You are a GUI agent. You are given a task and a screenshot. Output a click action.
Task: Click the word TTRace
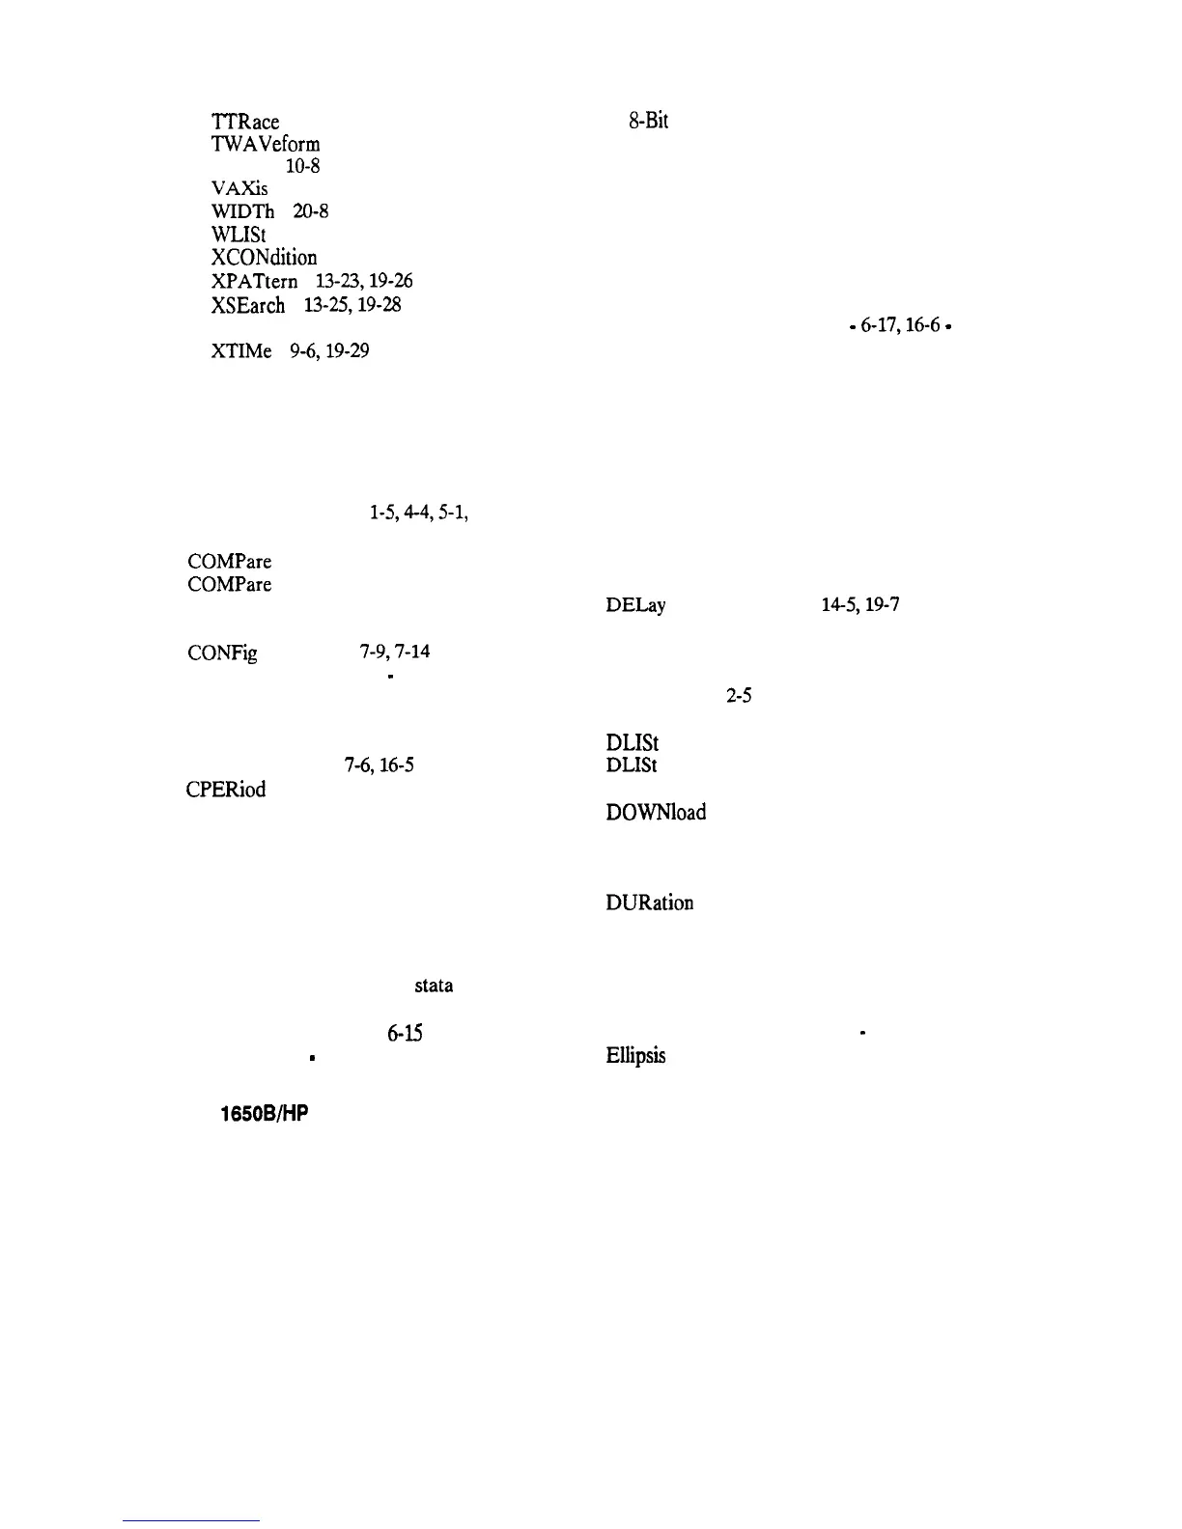[x=244, y=122]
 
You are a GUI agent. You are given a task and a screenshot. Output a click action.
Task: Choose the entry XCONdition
[x=264, y=258]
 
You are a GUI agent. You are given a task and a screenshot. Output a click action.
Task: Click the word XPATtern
[x=255, y=282]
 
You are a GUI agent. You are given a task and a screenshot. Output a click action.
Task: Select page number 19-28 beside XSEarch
[x=380, y=305]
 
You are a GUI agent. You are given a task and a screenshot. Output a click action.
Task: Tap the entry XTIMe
[x=240, y=351]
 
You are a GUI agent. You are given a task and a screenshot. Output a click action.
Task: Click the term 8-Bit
[x=648, y=121]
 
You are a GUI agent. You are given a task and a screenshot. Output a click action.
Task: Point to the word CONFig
[x=222, y=653]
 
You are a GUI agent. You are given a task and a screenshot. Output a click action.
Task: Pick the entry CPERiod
[x=225, y=789]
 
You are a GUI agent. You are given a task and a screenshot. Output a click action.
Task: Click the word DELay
[x=635, y=606]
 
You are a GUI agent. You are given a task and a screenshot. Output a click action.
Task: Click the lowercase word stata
[x=434, y=987]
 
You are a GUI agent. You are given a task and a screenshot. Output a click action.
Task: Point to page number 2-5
[x=739, y=696]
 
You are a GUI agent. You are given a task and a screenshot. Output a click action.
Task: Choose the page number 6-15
[x=404, y=1034]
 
